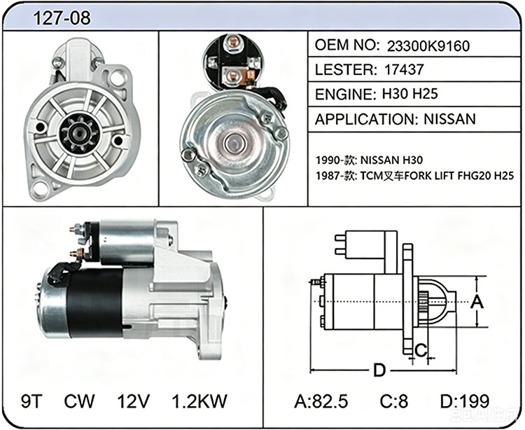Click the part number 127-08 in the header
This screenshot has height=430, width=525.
(62, 17)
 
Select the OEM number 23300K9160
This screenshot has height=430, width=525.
(428, 46)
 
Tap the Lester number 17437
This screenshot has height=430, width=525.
(404, 69)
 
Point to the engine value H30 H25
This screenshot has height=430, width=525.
(409, 94)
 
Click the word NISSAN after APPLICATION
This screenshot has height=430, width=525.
(449, 119)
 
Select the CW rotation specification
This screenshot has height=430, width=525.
(79, 401)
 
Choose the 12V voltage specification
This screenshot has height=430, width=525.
(133, 401)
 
